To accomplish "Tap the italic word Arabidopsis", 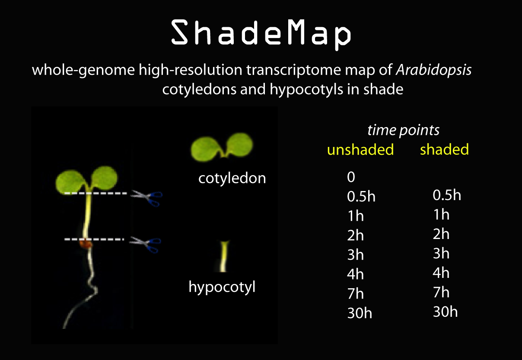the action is tap(434, 70).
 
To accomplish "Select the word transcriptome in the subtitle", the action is tap(294, 70).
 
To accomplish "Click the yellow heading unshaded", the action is tap(360, 150).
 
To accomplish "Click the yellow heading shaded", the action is tap(444, 149).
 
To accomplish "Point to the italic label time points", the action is tap(404, 130).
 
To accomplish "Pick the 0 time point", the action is tap(351, 177).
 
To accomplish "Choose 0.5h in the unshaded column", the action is tap(361, 196).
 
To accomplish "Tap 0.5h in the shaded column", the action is tap(447, 195).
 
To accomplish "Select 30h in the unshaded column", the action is tap(360, 313).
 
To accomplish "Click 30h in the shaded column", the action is tap(446, 312).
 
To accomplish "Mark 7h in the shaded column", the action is tap(441, 292).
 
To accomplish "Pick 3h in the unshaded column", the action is tap(355, 255).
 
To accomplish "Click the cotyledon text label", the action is tap(232, 178).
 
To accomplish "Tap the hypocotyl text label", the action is tap(222, 287).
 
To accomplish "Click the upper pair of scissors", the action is tap(146, 198).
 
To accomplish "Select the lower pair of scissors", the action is tap(145, 245).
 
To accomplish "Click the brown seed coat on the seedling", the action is tap(86, 244).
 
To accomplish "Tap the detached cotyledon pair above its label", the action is tap(222, 147).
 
